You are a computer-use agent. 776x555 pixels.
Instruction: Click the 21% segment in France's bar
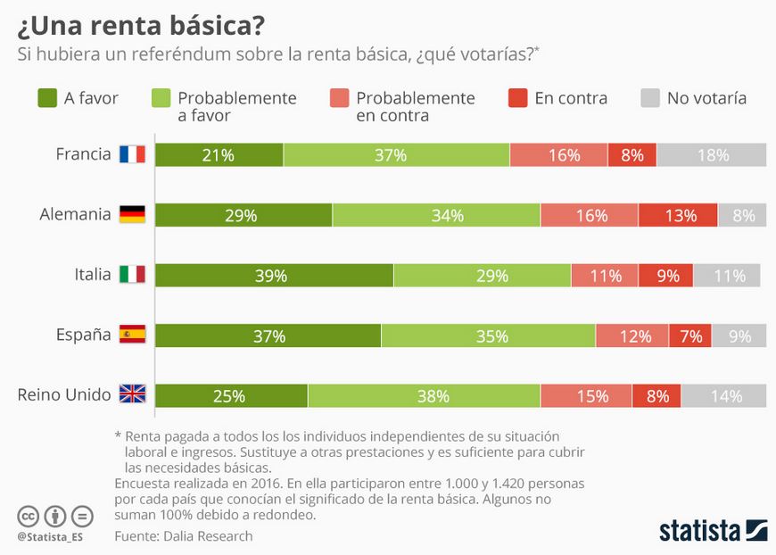pos(219,155)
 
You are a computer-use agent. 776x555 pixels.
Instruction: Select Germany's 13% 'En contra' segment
pos(678,215)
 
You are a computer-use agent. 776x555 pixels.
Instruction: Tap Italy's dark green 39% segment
pos(274,276)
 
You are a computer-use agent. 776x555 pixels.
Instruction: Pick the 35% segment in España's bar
pos(489,335)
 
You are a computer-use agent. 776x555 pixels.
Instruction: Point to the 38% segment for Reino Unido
pos(425,395)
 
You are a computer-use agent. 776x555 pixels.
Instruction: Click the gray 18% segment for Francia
pos(712,155)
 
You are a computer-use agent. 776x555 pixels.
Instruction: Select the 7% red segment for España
pos(689,335)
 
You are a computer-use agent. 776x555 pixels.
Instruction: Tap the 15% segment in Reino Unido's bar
pos(586,395)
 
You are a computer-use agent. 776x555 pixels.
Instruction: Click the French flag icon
pos(133,154)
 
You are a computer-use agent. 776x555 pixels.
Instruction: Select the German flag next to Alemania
pos(133,214)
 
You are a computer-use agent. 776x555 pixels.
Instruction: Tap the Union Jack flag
pos(133,394)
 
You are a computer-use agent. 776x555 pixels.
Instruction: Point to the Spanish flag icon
pos(133,335)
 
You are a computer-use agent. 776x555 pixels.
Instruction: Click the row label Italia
pos(93,274)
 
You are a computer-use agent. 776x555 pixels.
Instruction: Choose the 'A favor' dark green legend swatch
pos(47,98)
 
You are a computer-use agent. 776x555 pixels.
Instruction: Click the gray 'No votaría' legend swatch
pos(650,98)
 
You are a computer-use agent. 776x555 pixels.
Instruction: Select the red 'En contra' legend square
pos(517,98)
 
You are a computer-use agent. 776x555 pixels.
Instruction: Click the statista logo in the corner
pos(714,530)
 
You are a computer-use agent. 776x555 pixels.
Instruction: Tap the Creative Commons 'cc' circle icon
pos(29,517)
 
